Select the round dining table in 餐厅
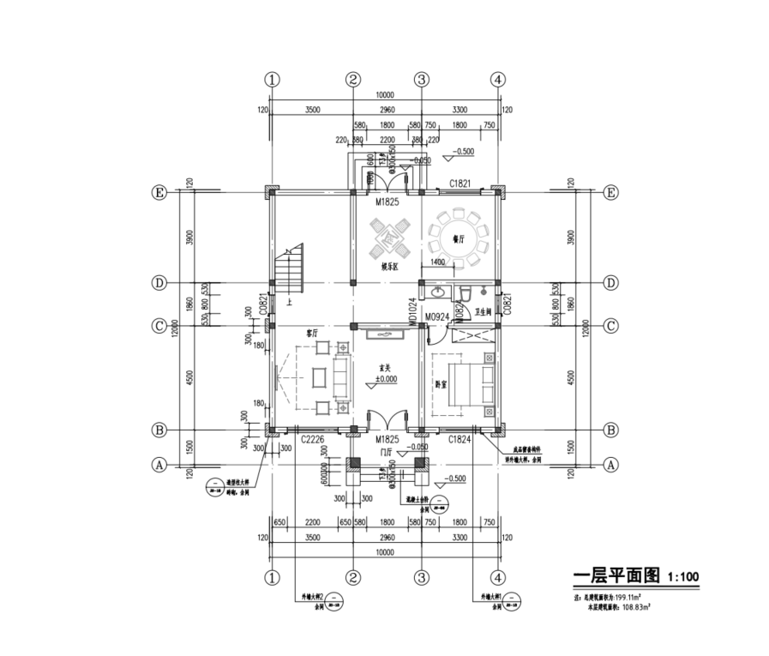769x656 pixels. click(460, 233)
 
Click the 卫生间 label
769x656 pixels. click(483, 314)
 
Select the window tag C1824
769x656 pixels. click(460, 438)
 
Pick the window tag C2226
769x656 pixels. click(311, 438)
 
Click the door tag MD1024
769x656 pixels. click(412, 311)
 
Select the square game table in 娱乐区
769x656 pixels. click(388, 238)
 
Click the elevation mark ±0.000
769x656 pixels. click(387, 378)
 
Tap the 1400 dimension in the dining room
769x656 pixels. click(437, 262)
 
